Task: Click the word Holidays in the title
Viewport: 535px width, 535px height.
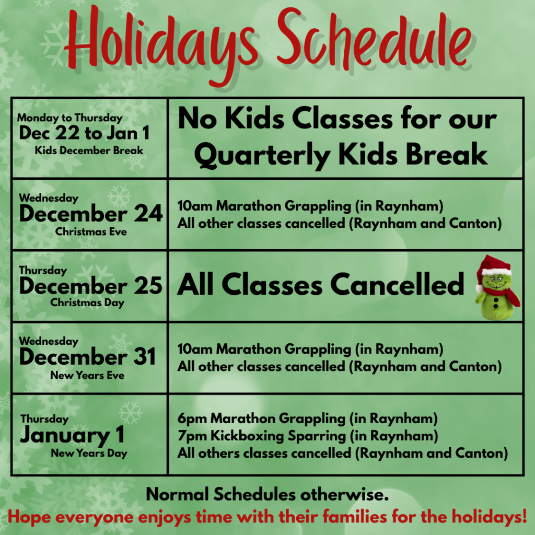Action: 160,43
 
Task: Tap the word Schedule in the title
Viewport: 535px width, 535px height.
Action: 374,39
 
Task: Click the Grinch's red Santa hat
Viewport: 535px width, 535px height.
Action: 494,268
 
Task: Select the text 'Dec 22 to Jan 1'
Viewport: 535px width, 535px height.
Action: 84,133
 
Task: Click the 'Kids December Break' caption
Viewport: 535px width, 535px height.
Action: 89,150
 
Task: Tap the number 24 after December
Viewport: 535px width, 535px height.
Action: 148,214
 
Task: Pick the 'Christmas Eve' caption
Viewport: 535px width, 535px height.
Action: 91,231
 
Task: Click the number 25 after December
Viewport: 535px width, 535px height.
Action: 148,285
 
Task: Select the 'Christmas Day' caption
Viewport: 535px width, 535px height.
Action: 87,303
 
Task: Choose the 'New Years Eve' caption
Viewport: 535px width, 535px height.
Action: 87,375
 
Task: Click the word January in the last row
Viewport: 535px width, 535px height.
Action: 65,436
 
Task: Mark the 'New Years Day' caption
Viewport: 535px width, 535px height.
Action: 89,453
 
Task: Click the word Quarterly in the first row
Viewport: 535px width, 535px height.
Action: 262,156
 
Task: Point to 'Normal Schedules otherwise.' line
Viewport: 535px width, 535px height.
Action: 267,494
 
